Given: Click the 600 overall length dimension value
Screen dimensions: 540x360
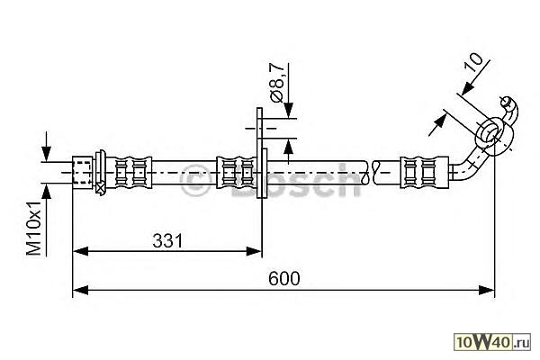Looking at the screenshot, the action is [284, 278].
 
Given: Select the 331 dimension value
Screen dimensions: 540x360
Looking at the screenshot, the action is [167, 240].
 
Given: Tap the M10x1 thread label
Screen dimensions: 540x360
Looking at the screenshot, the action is [34, 228].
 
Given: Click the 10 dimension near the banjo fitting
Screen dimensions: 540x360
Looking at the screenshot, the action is [473, 62].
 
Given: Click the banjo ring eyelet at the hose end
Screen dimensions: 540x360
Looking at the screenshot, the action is [492, 134].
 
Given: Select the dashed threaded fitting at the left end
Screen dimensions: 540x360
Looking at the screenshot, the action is [83, 172].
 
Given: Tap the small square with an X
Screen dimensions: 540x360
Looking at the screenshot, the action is [101, 188].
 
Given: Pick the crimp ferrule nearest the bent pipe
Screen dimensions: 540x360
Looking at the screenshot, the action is [424, 172].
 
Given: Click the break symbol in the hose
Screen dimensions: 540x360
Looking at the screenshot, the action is [371, 172].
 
